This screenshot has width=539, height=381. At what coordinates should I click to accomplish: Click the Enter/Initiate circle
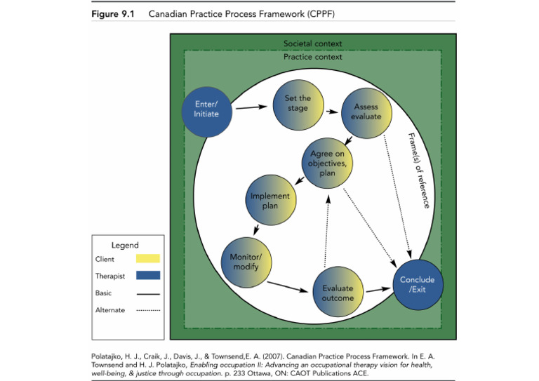tap(206, 109)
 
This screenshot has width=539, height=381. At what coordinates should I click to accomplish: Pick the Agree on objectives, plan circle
tap(327, 163)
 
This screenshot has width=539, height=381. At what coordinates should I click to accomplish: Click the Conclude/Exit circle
tap(417, 285)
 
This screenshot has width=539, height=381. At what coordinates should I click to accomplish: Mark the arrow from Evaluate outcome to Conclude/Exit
tap(376, 288)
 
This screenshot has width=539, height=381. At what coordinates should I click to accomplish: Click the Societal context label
tap(313, 44)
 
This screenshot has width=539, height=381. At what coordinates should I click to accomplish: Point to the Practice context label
tap(313, 57)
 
